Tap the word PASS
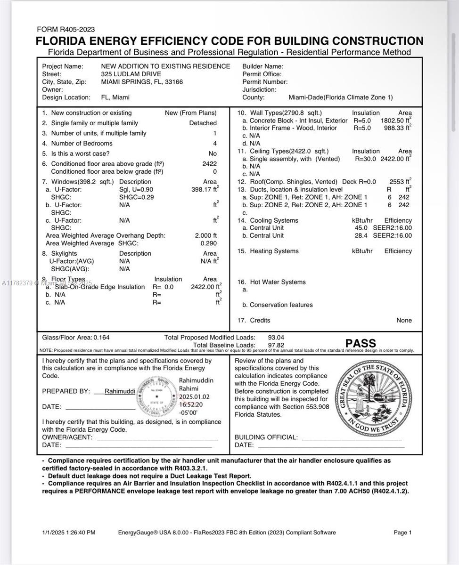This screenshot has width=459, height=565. point(361,343)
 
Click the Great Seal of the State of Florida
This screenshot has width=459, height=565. point(373,393)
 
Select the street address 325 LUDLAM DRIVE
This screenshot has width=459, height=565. point(131,74)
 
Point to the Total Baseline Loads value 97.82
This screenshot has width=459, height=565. point(276,345)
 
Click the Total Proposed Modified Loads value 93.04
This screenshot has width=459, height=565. point(276,338)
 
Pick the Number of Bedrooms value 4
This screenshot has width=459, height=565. point(215,144)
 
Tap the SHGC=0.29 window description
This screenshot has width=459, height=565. point(137,197)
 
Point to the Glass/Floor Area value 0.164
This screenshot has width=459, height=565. point(102,338)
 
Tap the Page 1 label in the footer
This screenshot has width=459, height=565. point(402,533)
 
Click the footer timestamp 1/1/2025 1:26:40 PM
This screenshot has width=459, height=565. point(69,533)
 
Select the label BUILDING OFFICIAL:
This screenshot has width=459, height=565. point(266,437)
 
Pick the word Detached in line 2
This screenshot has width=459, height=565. point(203,123)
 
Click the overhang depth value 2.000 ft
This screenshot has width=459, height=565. point(205,235)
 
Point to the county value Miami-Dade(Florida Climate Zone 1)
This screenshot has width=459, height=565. point(340,97)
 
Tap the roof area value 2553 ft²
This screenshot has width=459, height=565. point(400,182)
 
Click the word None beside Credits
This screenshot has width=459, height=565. point(404,320)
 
